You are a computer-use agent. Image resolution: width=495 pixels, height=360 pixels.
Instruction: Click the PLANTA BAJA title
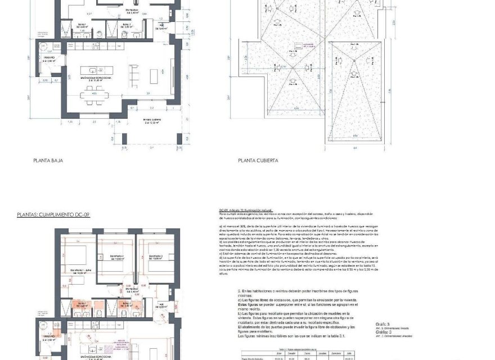tap(48, 160)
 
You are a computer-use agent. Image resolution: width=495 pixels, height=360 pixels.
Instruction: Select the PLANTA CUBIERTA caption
tap(258, 160)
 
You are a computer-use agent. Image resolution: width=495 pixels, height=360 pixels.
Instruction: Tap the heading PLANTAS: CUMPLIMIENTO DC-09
tap(53, 215)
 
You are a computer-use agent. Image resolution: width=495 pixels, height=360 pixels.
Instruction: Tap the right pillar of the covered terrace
tap(179, 138)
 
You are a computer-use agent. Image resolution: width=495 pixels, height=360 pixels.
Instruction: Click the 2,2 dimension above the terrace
tap(152, 107)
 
